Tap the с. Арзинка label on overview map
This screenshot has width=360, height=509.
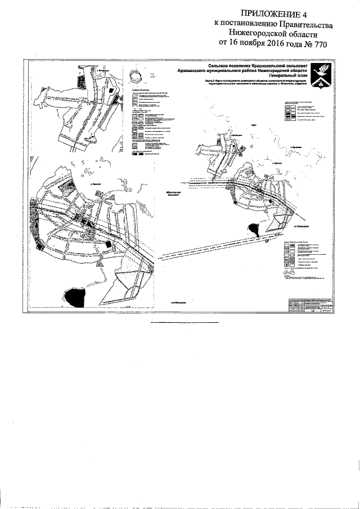click(x=294, y=147)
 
